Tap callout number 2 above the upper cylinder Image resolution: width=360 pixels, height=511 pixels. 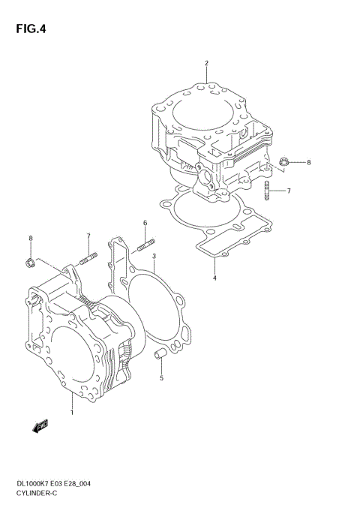tap(206, 62)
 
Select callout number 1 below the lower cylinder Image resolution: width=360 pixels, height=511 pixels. tap(72, 413)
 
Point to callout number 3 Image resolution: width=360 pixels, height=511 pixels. tap(153, 256)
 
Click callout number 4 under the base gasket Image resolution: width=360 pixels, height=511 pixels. tap(214, 279)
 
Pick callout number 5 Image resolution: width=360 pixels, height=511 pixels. tap(161, 379)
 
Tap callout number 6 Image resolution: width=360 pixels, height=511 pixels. tap(145, 223)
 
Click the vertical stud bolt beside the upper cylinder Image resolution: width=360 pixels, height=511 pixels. tap(267, 191)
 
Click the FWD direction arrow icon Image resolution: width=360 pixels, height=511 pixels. tap(40, 426)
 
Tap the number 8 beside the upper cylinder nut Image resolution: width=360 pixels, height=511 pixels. tap(307, 162)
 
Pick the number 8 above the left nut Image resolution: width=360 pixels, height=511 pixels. tap(31, 239)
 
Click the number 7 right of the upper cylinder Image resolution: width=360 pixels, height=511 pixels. tap(288, 191)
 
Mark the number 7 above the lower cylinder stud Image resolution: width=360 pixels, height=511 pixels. tap(88, 236)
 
